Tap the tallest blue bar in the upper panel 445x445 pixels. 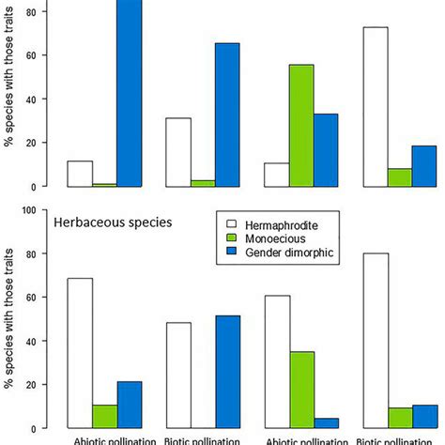tap(129, 94)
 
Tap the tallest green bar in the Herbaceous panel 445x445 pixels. tap(300, 389)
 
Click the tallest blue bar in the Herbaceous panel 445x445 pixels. tap(227, 371)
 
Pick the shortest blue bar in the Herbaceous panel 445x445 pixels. tap(325, 422)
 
